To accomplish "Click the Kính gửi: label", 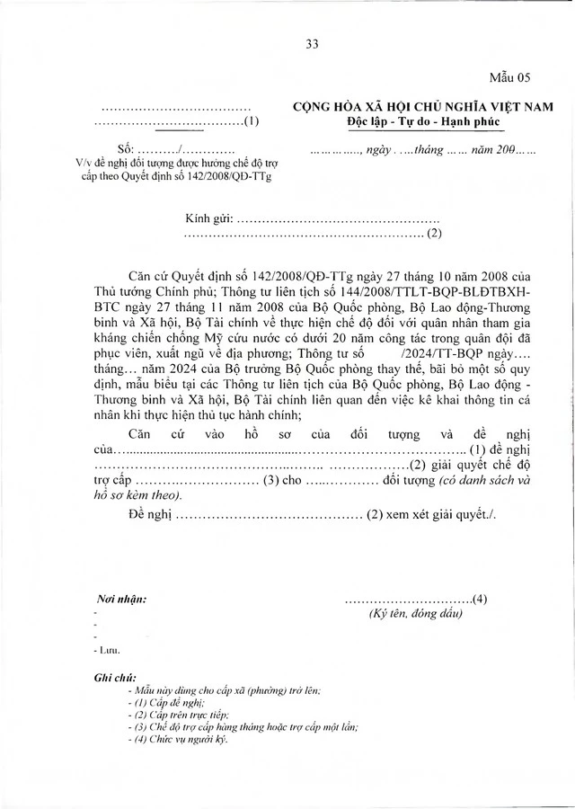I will pyautogui.click(x=209, y=218).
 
